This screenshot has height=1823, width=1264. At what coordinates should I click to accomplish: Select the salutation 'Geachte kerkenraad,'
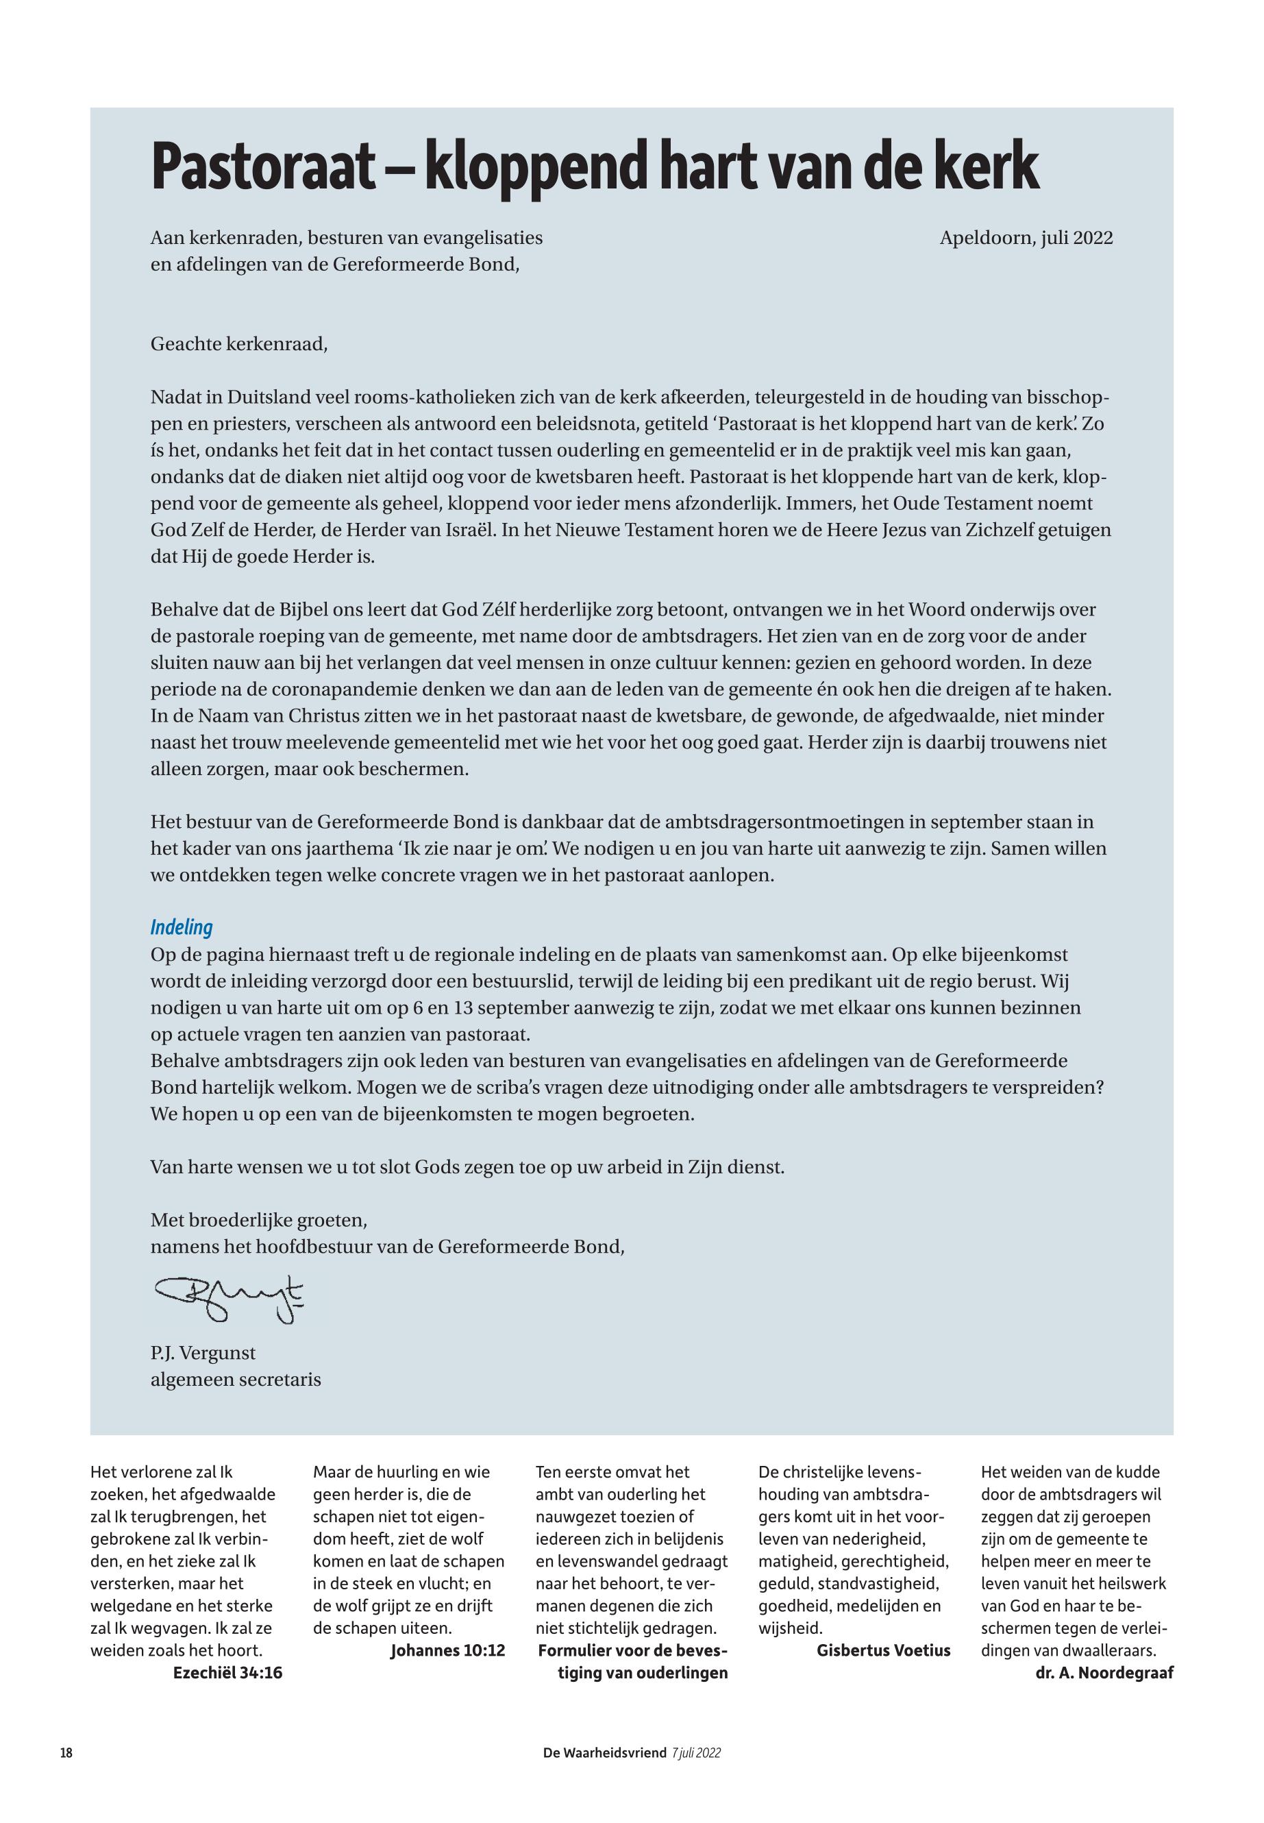238,345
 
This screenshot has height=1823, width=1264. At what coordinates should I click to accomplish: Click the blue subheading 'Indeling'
182,928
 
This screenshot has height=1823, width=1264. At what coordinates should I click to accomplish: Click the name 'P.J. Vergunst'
203,1352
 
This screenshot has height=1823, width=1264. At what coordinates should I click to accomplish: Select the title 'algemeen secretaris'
236,1380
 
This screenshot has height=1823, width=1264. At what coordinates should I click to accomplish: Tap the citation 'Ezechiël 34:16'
227,1672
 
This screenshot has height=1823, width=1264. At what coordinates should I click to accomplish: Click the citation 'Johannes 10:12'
447,1650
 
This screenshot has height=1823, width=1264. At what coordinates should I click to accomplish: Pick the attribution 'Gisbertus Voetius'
883,1650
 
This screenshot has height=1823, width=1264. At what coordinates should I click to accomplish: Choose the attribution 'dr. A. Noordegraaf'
1104,1672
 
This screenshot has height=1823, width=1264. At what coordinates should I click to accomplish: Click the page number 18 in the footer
66,1752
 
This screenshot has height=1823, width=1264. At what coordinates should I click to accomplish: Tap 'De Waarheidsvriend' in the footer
604,1752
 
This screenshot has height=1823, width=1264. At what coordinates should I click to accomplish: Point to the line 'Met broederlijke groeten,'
259,1219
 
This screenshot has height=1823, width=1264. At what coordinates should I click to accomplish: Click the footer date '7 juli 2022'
696,1752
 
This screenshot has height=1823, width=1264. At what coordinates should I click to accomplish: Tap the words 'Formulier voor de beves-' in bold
632,1650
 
